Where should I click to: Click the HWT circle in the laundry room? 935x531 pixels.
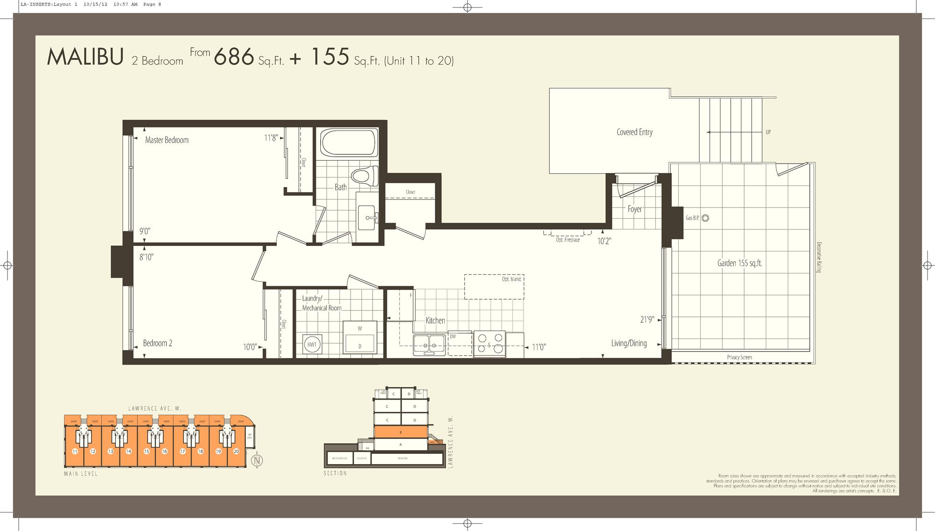click(311, 344)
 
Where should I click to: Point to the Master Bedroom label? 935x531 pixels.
click(167, 140)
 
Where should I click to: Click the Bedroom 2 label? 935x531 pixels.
click(158, 343)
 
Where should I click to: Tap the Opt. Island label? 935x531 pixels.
click(511, 279)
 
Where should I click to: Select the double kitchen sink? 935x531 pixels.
click(429, 344)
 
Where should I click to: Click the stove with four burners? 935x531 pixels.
click(489, 344)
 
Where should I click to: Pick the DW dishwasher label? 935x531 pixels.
click(453, 337)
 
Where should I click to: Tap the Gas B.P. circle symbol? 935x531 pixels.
click(705, 218)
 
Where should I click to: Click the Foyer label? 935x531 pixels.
click(634, 209)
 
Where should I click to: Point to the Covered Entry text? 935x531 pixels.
click(634, 132)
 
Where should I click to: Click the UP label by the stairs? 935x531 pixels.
click(768, 132)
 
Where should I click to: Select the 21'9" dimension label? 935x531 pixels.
click(647, 320)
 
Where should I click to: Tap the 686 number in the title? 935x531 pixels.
click(234, 57)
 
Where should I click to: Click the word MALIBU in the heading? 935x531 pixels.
click(85, 57)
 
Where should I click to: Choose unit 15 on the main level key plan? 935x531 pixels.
click(146, 451)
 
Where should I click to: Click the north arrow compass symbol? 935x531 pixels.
click(257, 460)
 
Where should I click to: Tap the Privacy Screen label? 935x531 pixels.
click(740, 357)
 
